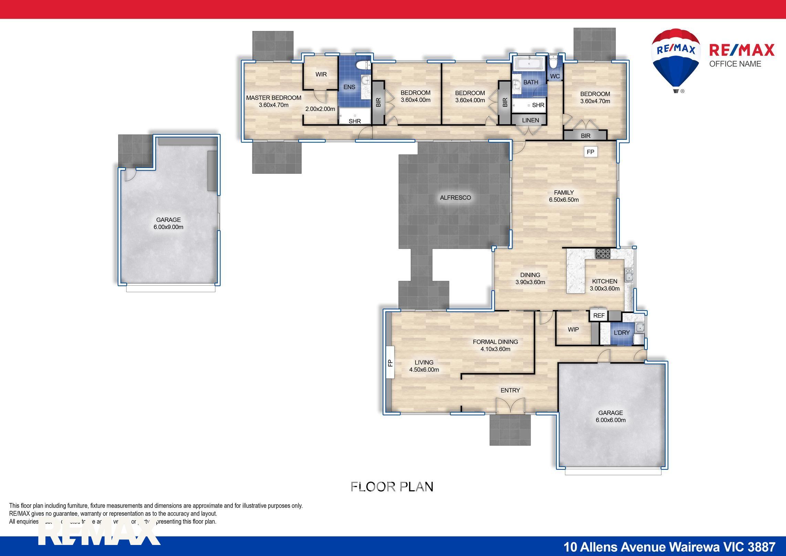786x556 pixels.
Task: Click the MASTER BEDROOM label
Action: pos(273,98)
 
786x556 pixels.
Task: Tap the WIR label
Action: pos(321,74)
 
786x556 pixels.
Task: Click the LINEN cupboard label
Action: pos(530,120)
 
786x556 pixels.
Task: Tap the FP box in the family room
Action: pos(590,152)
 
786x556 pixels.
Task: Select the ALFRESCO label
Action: pos(455,198)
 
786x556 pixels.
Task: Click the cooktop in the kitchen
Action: pos(603,254)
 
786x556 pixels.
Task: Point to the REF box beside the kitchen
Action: pos(599,315)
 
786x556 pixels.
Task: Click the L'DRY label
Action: pos(621,333)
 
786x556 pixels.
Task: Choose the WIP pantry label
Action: pos(573,330)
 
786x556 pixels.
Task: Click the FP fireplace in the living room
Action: pos(390,362)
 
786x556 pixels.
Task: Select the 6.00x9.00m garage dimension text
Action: pos(168,227)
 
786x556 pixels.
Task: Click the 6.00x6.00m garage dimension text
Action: pos(610,420)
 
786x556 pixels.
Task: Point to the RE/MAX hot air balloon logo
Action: pos(675,59)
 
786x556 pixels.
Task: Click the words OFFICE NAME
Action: pos(735,64)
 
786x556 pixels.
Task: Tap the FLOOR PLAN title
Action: pos(392,487)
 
